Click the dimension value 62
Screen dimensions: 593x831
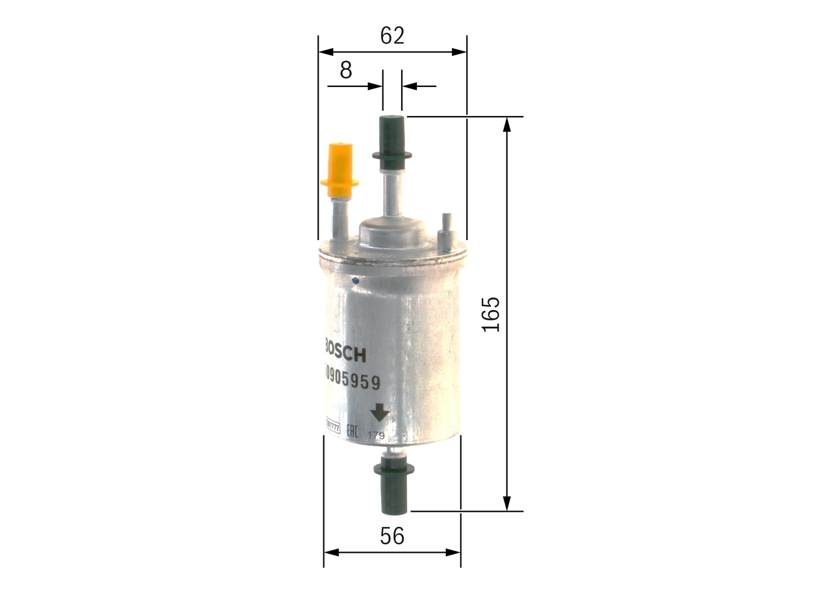[392, 36]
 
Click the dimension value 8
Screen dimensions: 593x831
[346, 70]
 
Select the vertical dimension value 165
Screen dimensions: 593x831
[491, 315]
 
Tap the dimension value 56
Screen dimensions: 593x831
[392, 536]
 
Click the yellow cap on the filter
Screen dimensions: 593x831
[340, 170]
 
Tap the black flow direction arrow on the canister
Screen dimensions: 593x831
[378, 414]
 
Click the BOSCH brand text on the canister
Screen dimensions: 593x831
[344, 353]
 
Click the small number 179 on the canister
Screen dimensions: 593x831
[377, 435]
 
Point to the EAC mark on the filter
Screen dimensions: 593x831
[351, 431]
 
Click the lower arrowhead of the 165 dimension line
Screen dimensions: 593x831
[507, 504]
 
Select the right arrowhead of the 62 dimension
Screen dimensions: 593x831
[460, 51]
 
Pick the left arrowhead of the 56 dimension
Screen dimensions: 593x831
[331, 552]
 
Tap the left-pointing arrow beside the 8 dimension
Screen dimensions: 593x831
[410, 86]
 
